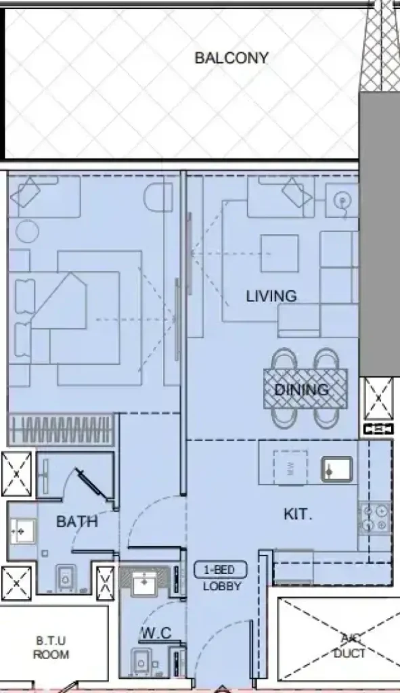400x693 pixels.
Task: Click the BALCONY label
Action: click(x=231, y=58)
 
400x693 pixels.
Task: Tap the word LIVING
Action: click(x=271, y=296)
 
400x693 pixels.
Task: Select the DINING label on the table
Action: click(x=301, y=389)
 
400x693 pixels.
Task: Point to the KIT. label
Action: click(x=297, y=514)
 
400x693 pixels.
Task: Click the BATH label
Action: click(x=77, y=522)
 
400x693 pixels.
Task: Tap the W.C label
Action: click(x=157, y=633)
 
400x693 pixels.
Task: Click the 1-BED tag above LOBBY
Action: click(x=220, y=570)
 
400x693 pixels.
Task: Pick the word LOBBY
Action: click(x=222, y=587)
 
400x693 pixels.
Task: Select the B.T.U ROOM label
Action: click(x=51, y=647)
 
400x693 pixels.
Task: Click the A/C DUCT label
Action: click(x=349, y=646)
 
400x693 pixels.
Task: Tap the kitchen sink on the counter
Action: click(x=337, y=470)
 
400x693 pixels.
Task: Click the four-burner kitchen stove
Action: click(x=374, y=518)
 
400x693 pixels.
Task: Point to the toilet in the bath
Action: click(x=66, y=578)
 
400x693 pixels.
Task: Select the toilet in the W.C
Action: click(x=141, y=662)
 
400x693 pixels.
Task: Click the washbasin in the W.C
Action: click(x=145, y=583)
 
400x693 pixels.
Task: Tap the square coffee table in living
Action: click(x=280, y=253)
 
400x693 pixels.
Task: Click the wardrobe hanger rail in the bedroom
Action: click(x=61, y=430)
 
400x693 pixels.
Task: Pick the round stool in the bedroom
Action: click(x=27, y=231)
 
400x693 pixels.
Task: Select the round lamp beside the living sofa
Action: click(x=342, y=201)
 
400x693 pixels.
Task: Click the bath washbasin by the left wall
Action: click(x=22, y=531)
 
